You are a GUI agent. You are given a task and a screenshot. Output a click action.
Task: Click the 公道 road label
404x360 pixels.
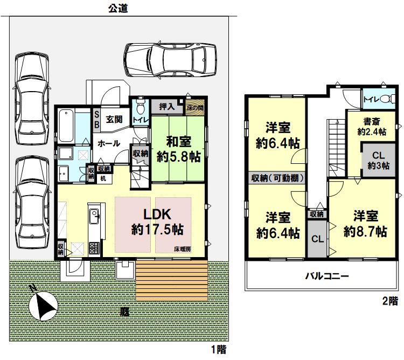click(118, 8)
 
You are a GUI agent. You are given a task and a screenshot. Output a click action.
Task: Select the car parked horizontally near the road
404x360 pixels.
click(170, 60)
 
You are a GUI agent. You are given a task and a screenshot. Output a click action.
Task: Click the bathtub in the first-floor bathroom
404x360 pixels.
click(66, 126)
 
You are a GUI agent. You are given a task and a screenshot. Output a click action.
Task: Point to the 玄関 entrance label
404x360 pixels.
click(114, 119)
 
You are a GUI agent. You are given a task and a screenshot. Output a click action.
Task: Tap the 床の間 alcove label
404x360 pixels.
click(195, 108)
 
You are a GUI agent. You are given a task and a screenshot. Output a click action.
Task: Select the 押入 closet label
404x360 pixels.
click(166, 106)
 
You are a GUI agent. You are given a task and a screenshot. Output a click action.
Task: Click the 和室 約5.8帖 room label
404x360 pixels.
click(179, 149)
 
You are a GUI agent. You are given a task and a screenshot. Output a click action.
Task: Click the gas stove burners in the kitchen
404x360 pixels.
click(94, 248)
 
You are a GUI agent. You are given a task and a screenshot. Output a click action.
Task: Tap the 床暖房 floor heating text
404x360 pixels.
click(183, 249)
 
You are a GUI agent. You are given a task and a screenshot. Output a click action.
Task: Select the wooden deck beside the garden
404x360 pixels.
click(172, 280)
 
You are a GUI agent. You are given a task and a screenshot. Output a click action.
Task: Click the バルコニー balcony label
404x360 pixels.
click(327, 276)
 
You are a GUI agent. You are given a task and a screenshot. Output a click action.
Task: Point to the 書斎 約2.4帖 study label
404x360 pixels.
click(372, 127)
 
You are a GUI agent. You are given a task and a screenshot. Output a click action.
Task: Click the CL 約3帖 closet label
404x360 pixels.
click(378, 160)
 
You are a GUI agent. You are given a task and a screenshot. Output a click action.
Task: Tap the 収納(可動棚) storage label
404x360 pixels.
click(277, 178)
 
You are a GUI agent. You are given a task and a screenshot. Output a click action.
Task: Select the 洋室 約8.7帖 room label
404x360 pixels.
click(365, 224)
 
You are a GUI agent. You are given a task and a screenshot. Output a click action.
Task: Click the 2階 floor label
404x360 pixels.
click(390, 301)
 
